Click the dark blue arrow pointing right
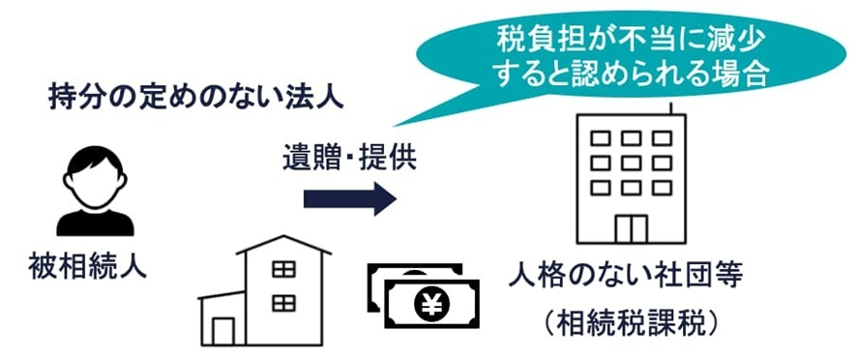pyautogui.click(x=349, y=199)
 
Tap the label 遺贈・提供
pyautogui.click(x=349, y=157)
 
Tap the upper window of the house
pyautogui.click(x=283, y=270)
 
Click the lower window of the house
pyautogui.click(x=283, y=304)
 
